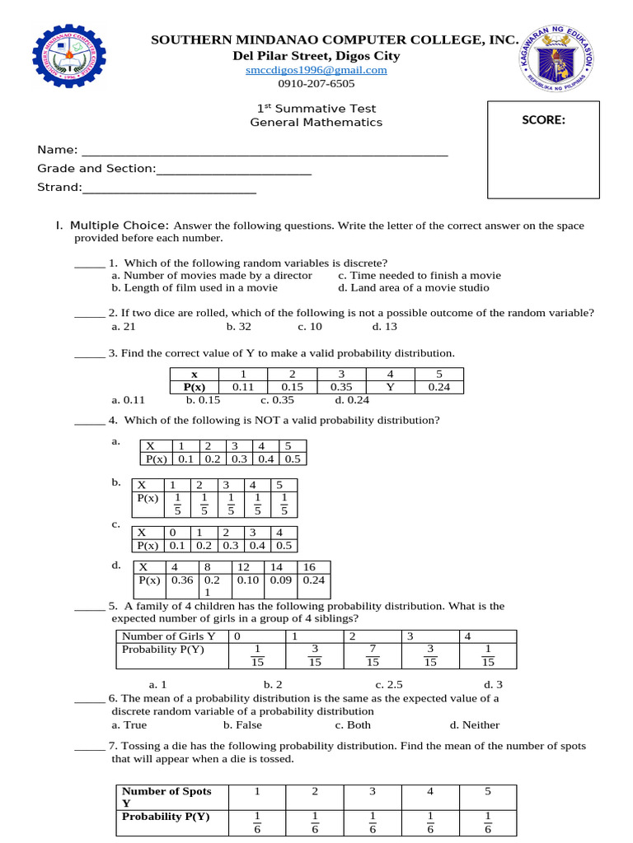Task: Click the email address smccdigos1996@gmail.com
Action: pos(316,70)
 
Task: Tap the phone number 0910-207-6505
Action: pos(316,83)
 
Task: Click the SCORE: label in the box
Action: pos(543,120)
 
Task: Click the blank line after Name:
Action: pos(264,150)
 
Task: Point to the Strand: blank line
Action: pos(169,188)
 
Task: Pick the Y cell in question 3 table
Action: pos(390,387)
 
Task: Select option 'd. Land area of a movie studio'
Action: pos(413,287)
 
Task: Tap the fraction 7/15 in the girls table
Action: pos(373,655)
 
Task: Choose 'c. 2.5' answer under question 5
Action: pos(389,684)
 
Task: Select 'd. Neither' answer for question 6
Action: pos(474,725)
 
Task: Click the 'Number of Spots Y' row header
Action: pos(166,797)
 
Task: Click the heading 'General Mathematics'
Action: pos(316,122)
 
